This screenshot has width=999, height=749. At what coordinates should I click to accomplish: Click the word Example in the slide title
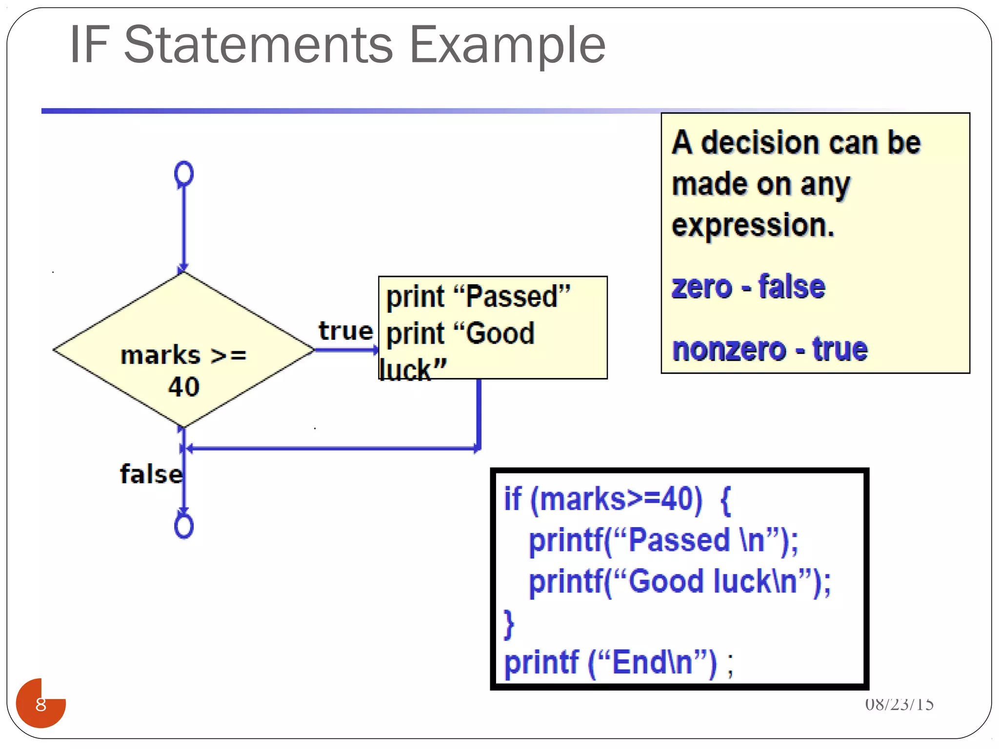click(x=507, y=45)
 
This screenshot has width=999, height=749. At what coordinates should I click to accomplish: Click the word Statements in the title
click(x=259, y=45)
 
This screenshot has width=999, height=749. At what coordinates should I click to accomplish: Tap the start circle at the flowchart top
click(x=184, y=174)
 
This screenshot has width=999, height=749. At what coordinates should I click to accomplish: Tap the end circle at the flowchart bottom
click(x=184, y=526)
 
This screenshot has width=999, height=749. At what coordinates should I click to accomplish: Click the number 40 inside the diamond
click(x=184, y=387)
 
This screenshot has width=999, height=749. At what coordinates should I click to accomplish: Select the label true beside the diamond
click(x=345, y=331)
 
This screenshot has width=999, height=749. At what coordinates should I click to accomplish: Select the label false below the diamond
click(x=151, y=474)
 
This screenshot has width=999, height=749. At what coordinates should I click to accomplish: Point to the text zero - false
click(x=748, y=287)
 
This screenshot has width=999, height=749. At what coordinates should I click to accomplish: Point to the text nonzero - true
click(x=770, y=349)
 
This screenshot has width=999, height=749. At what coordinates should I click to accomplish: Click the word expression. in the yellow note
click(x=753, y=225)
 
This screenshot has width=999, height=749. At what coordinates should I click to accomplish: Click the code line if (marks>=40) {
click(x=617, y=499)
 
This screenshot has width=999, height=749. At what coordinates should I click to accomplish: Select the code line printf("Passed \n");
click(x=663, y=540)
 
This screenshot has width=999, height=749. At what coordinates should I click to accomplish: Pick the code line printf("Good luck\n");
click(x=680, y=581)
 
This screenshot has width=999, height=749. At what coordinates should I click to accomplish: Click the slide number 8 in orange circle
click(x=41, y=704)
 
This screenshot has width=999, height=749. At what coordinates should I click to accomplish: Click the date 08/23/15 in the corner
click(x=899, y=704)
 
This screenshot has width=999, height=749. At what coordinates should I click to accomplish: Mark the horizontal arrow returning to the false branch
click(x=332, y=448)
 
